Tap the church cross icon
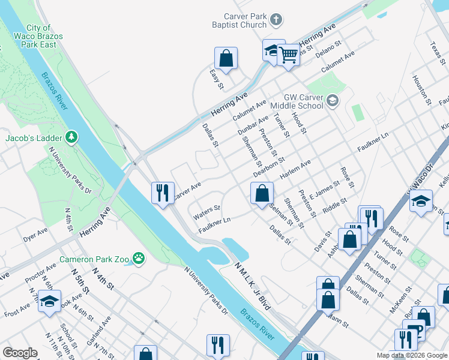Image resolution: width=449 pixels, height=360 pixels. [x=276, y=21]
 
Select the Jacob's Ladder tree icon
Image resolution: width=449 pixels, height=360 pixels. [x=72, y=138]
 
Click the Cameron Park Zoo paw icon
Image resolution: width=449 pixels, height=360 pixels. [x=139, y=260]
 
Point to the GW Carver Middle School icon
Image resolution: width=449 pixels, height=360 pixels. [x=333, y=101]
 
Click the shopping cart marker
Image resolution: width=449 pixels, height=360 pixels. [x=289, y=55]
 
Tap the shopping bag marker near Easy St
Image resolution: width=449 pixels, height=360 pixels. [x=226, y=59]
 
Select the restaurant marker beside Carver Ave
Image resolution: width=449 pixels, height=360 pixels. [x=163, y=193]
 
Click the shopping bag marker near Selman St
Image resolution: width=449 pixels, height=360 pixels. [x=262, y=194]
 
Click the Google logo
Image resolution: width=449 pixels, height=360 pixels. [x=19, y=353]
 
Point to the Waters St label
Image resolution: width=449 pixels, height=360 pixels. [x=207, y=212]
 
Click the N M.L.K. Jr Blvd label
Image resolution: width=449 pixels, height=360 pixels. [x=253, y=285]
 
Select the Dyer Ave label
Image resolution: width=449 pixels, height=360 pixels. [x=35, y=235]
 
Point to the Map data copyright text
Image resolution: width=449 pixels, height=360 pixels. [x=412, y=355]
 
